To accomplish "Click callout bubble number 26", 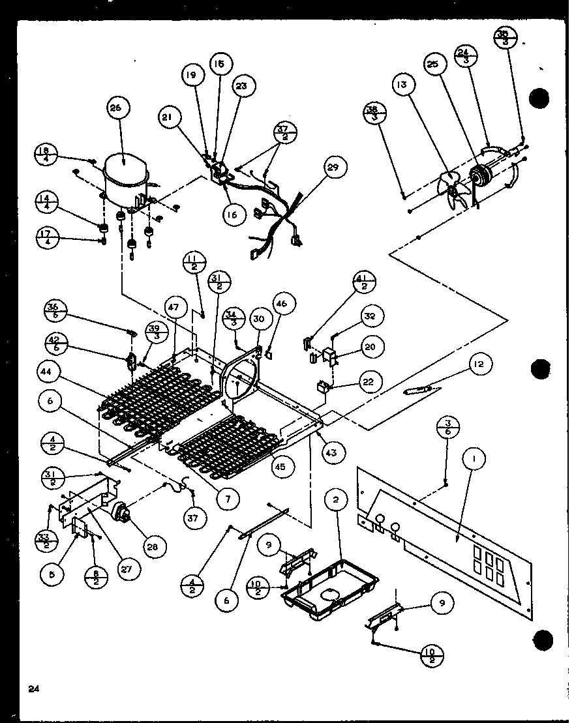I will pos(119,110).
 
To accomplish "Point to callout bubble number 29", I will pos(335,169).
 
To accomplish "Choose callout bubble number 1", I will pos(474,461).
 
